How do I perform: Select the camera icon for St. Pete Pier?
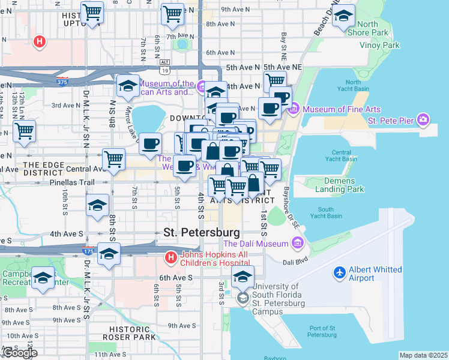(423, 119)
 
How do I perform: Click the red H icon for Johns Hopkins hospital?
(171, 257)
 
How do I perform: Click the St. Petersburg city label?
(202, 232)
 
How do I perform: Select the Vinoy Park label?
(379, 45)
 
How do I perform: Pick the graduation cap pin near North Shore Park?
(343, 16)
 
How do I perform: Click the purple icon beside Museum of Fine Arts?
(294, 109)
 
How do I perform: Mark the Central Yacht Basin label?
(341, 157)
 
